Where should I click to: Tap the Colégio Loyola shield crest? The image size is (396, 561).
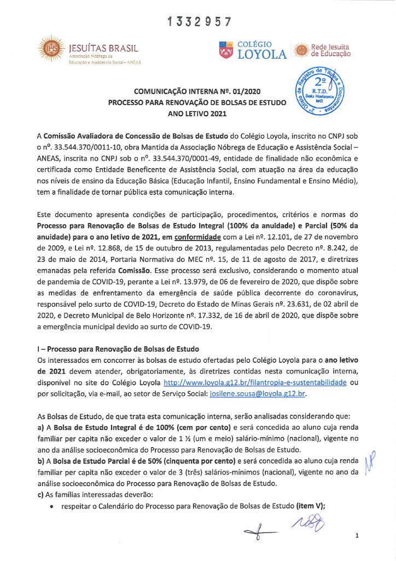pyautogui.click(x=225, y=50)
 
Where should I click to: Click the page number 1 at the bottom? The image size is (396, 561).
pyautogui.click(x=356, y=536)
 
